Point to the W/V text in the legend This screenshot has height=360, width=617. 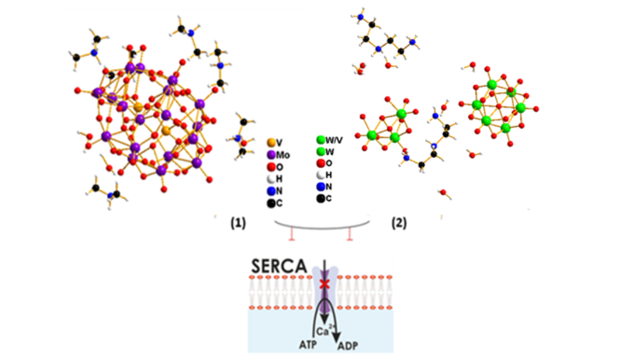(334, 140)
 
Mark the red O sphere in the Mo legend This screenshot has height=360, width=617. (271, 167)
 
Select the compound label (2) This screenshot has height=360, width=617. (399, 222)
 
